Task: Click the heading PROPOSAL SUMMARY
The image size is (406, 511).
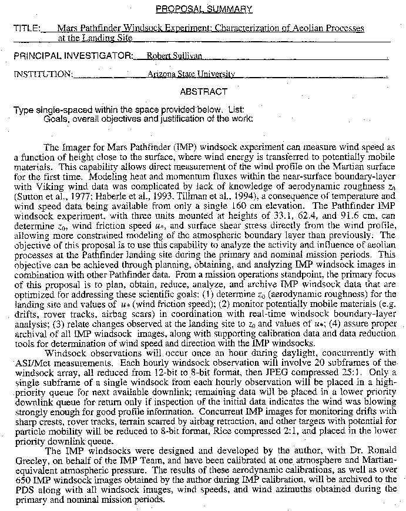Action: pyautogui.click(x=204, y=9)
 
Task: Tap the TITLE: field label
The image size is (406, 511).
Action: pyautogui.click(x=27, y=28)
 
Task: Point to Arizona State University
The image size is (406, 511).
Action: pyautogui.click(x=192, y=74)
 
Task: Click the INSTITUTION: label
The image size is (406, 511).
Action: pyautogui.click(x=43, y=74)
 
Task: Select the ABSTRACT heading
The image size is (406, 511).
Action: pyautogui.click(x=203, y=92)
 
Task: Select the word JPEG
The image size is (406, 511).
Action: pyautogui.click(x=276, y=371)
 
